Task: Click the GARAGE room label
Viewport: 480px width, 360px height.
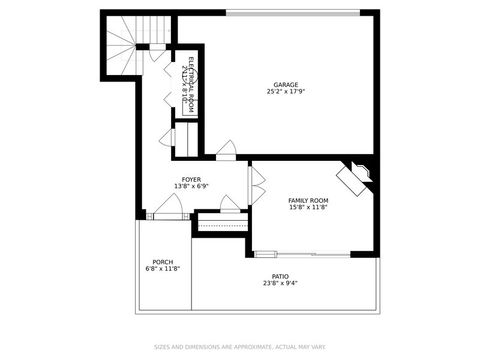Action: click(287, 84)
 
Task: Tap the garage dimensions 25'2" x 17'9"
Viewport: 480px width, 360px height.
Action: click(287, 92)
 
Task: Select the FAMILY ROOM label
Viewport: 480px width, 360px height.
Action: click(308, 200)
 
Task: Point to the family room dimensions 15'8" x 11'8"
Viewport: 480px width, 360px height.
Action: click(308, 208)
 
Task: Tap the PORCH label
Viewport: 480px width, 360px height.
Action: click(163, 262)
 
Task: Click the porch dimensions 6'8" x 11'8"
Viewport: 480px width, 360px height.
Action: click(163, 270)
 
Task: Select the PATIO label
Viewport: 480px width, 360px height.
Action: click(280, 275)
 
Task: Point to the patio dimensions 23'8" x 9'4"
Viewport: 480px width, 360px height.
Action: click(280, 283)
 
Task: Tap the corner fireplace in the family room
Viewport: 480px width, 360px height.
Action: click(356, 179)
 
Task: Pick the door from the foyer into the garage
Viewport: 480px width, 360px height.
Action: click(226, 151)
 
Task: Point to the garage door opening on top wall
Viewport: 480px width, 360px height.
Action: click(292, 13)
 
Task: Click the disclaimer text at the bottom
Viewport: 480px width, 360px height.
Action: click(240, 347)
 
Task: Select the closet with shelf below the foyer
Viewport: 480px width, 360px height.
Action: click(222, 223)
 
